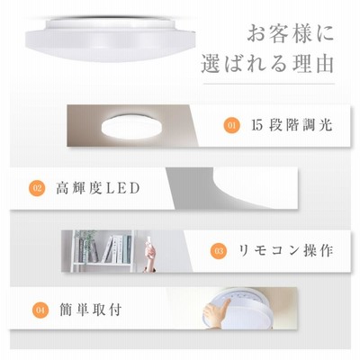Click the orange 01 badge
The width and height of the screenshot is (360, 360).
(232, 125)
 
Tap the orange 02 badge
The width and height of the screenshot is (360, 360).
(37, 188)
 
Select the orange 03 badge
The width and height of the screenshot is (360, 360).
(219, 251)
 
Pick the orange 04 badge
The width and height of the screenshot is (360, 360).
(40, 310)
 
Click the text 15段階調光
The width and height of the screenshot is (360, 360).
(292, 125)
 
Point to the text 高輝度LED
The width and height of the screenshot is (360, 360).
(98, 188)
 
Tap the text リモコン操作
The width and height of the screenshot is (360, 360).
(285, 251)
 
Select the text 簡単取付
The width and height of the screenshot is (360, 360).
(91, 310)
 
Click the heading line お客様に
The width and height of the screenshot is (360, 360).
(291, 33)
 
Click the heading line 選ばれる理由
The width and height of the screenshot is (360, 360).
(267, 63)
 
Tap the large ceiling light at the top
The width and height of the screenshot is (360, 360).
(111, 38)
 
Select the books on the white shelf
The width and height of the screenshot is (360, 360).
(117, 249)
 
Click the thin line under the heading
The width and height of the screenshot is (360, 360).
(269, 84)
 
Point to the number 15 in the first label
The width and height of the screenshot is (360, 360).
(257, 125)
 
